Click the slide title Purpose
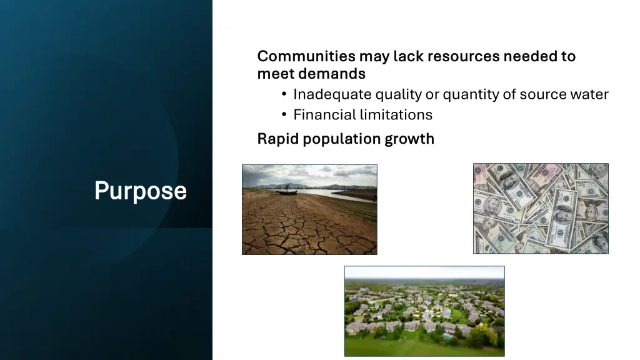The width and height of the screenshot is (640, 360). tap(140, 191)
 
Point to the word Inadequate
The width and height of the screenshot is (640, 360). tap(332, 94)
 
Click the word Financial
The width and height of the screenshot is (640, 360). tap(324, 114)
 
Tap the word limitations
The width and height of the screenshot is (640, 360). tap(396, 114)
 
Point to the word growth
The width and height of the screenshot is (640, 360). tap(409, 139)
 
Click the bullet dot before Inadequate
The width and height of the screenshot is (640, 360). tap(284, 95)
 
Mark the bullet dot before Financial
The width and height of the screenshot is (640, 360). tap(284, 115)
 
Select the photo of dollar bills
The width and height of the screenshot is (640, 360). tap(541, 208)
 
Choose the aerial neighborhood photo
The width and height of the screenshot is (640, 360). tap(424, 311)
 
